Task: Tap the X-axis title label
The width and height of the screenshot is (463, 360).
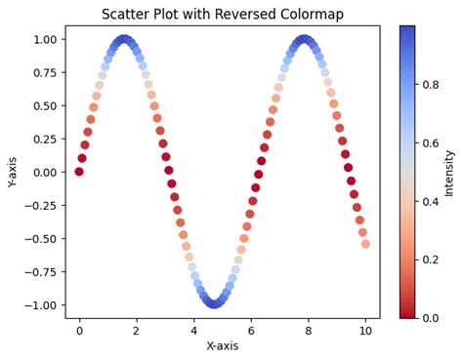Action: (222, 346)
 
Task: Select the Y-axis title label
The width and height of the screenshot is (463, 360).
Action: (13, 172)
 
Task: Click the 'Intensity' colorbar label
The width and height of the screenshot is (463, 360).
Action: (449, 172)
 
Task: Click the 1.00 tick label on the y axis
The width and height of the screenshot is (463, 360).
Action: (45, 39)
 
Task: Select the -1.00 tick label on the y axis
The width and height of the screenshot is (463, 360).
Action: (42, 304)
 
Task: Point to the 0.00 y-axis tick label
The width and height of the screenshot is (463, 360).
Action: (45, 172)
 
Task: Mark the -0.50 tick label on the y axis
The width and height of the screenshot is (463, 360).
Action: (42, 238)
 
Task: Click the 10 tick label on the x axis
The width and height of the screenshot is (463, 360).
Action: (365, 330)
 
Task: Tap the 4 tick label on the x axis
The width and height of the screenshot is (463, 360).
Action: (193, 330)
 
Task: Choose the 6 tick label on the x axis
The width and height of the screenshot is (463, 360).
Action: (251, 330)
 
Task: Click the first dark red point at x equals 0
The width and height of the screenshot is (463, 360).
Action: (79, 172)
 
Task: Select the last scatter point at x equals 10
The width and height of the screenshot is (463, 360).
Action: (365, 244)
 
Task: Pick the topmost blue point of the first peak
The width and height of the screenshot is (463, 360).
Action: (124, 39)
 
